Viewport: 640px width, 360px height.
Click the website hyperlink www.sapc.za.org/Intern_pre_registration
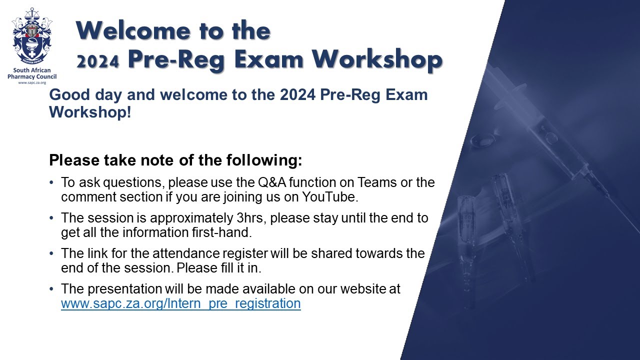(180, 303)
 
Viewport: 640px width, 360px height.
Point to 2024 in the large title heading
(97, 61)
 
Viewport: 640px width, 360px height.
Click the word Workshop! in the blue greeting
(90, 111)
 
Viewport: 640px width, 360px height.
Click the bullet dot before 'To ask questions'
(52, 182)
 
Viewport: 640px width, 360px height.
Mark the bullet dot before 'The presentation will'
(52, 289)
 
